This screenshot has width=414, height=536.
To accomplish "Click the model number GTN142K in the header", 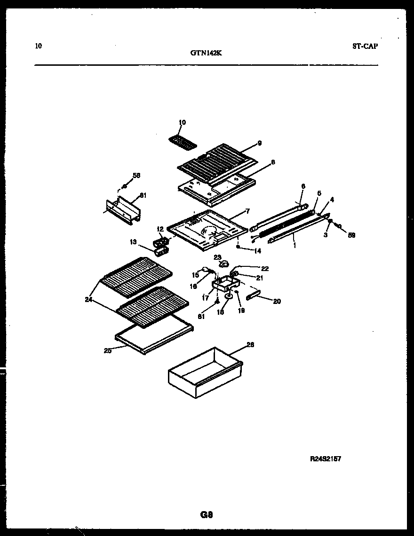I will [206, 53].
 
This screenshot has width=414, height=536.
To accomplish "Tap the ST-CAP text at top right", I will [365, 46].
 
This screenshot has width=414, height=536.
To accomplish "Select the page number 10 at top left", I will [38, 46].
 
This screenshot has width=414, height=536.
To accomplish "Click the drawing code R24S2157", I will [325, 458].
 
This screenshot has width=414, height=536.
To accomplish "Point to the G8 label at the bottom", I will [207, 515].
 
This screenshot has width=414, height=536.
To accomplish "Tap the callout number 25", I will [108, 350].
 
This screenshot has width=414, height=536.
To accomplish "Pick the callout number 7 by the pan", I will [247, 211].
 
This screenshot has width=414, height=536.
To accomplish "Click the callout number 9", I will [259, 143].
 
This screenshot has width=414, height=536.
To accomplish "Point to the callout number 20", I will [277, 301].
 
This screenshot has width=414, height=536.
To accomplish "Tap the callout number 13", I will [134, 242].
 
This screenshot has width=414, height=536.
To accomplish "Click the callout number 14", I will [257, 251].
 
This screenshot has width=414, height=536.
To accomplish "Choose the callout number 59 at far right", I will [351, 235].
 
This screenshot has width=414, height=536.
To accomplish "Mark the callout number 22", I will [265, 268].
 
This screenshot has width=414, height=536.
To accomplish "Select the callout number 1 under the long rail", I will [295, 245].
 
